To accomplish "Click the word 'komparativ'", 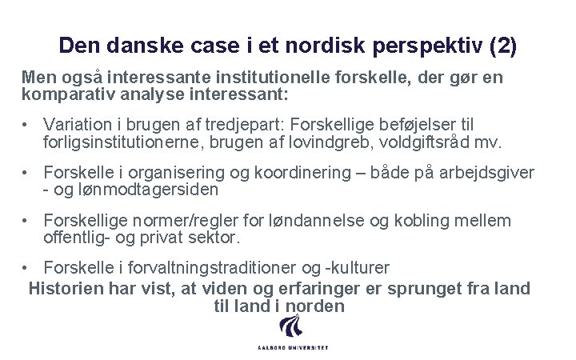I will tap(67, 94).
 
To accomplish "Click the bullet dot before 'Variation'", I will tap(27, 126).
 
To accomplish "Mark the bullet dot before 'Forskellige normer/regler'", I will tap(27, 221).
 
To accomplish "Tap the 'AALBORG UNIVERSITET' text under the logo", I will tap(293, 348).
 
